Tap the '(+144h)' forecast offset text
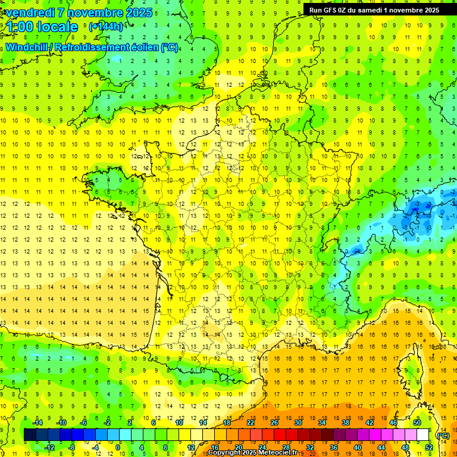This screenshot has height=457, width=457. [106, 26]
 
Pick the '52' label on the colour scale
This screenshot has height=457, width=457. [429, 447]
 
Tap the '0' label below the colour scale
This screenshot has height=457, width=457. [117, 447]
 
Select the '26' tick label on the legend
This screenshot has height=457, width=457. [274, 422]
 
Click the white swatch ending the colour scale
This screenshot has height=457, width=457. [423, 435]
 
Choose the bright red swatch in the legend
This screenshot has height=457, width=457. [280, 435]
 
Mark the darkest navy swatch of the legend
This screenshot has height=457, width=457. [30, 435]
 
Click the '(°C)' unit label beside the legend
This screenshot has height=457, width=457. [443, 435]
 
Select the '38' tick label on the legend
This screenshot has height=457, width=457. [346, 422]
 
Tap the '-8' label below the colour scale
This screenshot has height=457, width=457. [71, 447]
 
